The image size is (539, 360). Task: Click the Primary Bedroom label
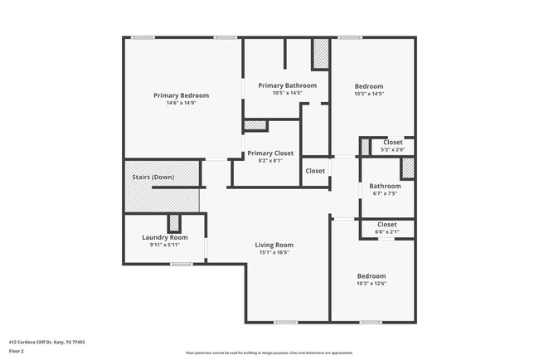181,95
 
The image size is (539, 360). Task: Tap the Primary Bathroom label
287,85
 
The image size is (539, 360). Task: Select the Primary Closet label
270,153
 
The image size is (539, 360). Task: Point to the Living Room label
274,245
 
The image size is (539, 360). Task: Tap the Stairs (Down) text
153,178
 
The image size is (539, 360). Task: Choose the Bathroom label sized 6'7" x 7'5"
385,186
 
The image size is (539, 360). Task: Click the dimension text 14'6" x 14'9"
181,104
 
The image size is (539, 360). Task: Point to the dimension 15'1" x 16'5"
274,253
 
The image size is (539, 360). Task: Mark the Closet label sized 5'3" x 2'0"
392,143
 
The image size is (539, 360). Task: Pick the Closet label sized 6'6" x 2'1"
386,225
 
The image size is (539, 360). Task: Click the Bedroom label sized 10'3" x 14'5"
369,86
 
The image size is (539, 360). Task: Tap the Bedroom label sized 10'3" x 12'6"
371,276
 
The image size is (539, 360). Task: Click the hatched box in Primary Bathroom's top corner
320,54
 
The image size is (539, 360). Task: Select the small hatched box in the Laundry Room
174,223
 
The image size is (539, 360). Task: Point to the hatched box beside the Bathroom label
407,168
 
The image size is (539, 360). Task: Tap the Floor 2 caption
17,352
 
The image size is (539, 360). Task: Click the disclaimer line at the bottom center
269,353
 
